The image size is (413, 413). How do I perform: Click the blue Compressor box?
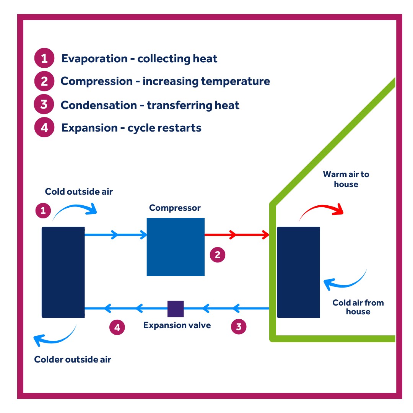point(176,247)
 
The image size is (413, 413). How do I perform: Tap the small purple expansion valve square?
point(176,309)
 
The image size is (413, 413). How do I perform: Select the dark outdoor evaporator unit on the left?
point(63,272)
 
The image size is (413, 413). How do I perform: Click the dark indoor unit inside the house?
point(298,272)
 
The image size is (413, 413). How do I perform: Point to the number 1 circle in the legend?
point(44,59)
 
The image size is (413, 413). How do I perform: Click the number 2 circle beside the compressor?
point(218,255)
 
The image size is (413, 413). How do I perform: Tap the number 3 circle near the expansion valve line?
point(239,327)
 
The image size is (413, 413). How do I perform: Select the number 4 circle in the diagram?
point(117,327)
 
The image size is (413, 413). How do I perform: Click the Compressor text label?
point(175,208)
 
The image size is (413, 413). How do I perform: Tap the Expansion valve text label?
point(177,325)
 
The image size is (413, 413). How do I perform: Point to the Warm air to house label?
point(346,179)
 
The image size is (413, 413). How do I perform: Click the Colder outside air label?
point(73,359)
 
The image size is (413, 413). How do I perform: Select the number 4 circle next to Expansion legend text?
point(44,127)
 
